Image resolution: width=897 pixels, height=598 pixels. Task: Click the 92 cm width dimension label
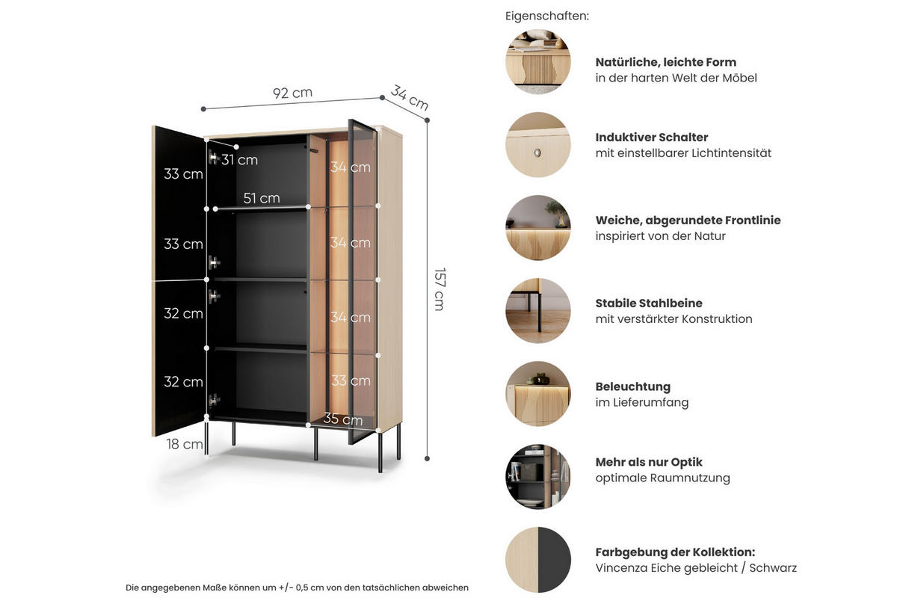[292, 93]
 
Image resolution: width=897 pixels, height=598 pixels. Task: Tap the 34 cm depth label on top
[410, 99]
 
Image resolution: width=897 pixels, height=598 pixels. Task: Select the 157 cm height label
[440, 289]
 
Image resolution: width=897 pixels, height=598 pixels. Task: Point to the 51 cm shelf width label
[262, 198]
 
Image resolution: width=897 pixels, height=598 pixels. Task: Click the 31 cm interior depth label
[239, 160]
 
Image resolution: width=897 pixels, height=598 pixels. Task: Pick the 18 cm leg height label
[184, 444]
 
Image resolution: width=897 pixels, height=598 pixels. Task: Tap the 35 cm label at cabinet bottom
[342, 419]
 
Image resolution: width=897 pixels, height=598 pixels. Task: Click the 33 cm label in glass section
[351, 380]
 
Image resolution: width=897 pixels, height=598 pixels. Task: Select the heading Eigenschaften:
[547, 16]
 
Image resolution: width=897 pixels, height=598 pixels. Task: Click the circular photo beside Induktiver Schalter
[538, 145]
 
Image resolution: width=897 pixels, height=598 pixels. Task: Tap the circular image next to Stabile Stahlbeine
[538, 311]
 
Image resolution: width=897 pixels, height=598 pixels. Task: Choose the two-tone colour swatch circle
[538, 560]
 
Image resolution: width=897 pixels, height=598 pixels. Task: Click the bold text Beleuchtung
[633, 386]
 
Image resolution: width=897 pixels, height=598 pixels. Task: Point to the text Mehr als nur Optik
[649, 462]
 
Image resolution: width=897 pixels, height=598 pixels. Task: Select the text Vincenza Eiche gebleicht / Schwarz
[696, 568]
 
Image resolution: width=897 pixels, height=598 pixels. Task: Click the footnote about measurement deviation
[297, 588]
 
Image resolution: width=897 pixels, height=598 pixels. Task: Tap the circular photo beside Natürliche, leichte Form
[538, 62]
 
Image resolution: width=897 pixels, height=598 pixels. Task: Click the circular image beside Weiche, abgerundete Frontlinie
[538, 228]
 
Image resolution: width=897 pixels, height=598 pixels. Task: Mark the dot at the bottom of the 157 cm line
[428, 458]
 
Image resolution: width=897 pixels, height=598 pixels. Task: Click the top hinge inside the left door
[213, 158]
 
